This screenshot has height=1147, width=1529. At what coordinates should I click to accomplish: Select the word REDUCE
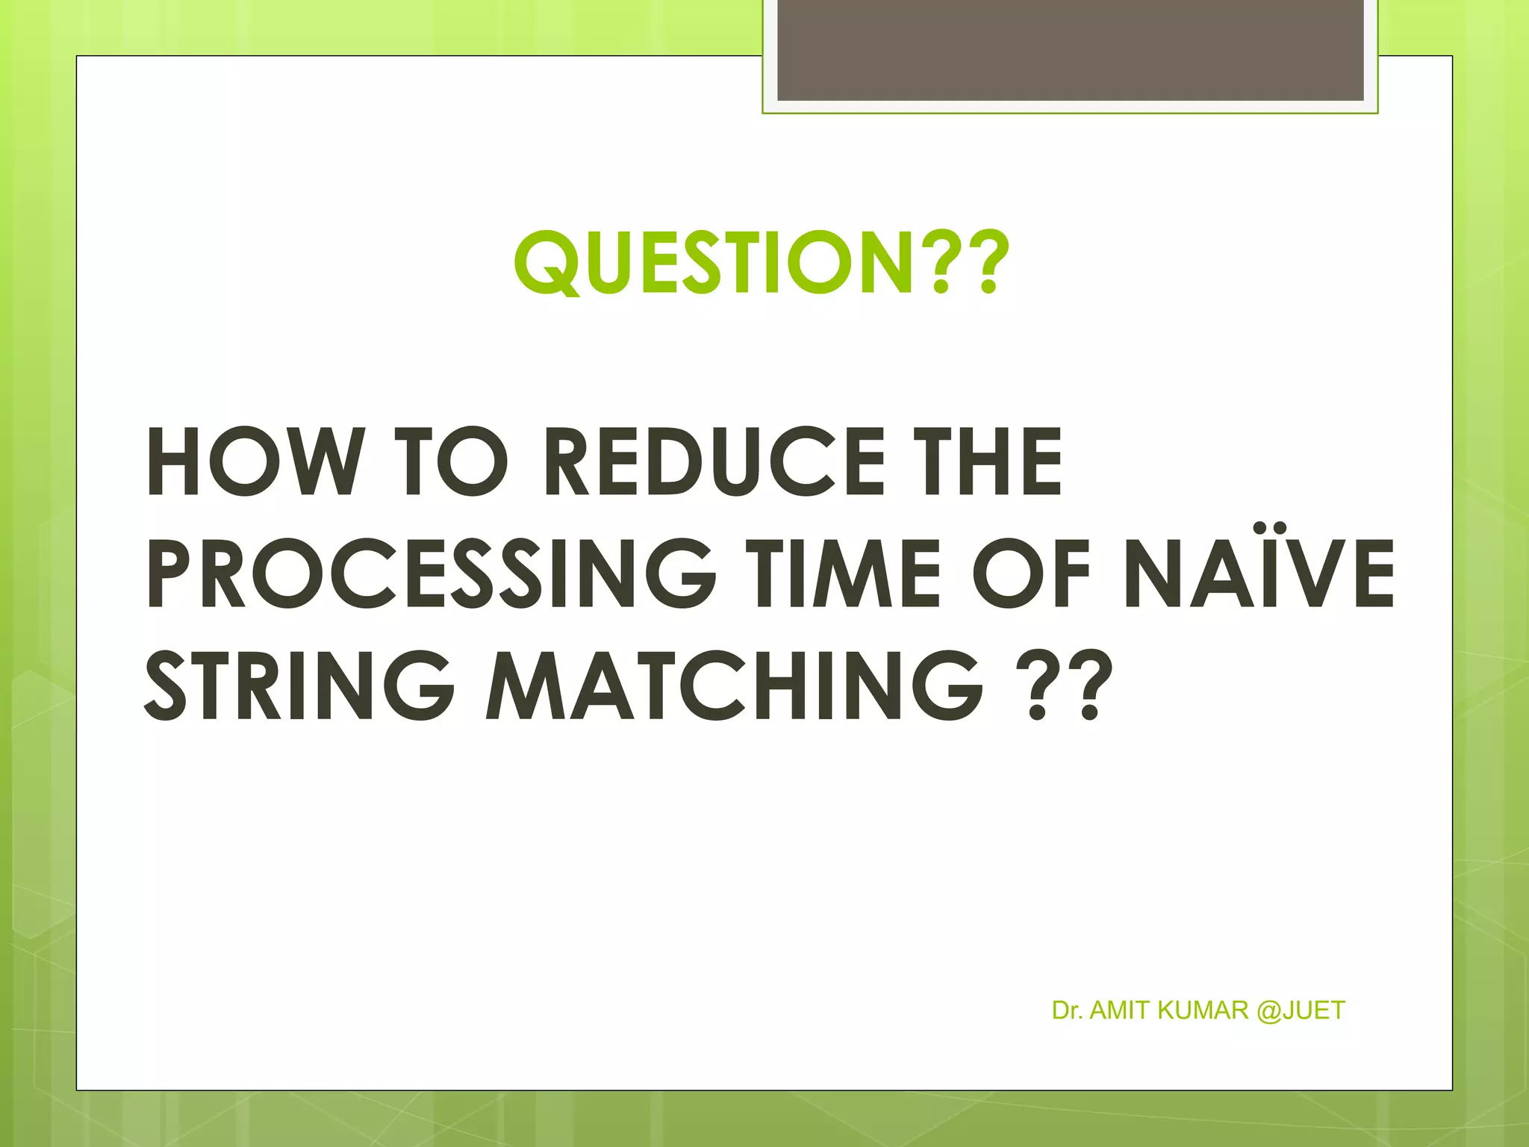click(x=715, y=461)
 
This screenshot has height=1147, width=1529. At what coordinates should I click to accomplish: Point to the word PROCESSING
click(x=431, y=573)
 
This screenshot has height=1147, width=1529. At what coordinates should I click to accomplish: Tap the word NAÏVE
click(x=1259, y=573)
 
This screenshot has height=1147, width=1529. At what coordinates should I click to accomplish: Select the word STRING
click(x=299, y=685)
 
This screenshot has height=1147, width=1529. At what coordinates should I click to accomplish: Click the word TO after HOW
click(x=455, y=461)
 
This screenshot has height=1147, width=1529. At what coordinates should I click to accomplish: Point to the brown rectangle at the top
click(x=1070, y=50)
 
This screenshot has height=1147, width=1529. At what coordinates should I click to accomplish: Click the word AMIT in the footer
click(x=1121, y=1010)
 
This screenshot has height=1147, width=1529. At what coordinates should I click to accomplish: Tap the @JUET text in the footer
click(x=1301, y=1010)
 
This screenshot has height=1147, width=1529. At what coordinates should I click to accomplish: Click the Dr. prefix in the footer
click(x=1068, y=1010)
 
